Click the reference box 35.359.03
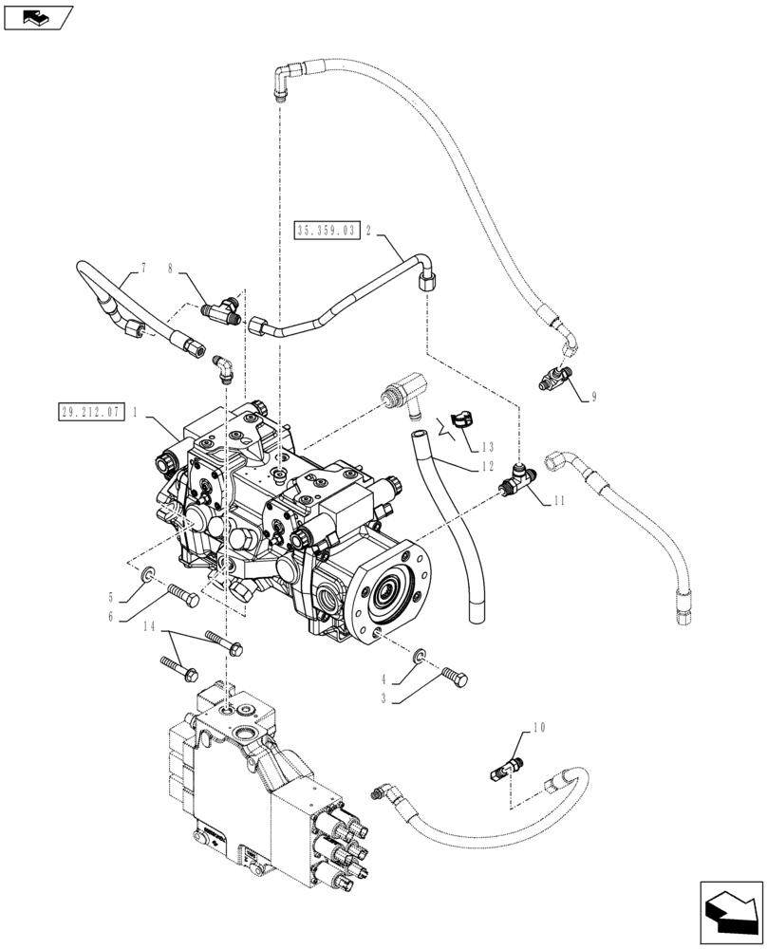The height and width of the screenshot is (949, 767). [327, 230]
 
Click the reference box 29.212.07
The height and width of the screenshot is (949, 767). [88, 413]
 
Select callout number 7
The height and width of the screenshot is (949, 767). [143, 270]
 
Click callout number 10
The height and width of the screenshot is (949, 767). [539, 728]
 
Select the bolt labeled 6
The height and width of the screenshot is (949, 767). [182, 596]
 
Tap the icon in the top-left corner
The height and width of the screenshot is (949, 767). [38, 16]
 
